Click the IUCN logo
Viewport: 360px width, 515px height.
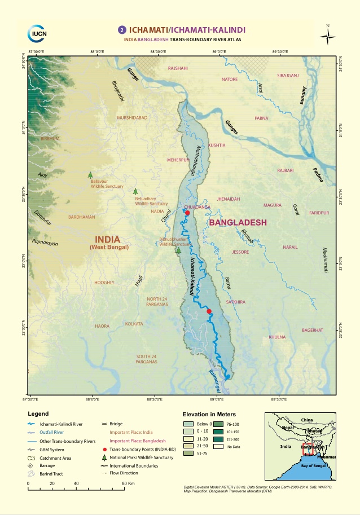pyautogui.click(x=39, y=33)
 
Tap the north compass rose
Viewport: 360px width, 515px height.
pyautogui.click(x=328, y=36)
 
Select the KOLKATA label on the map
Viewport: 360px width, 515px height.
pyautogui.click(x=134, y=324)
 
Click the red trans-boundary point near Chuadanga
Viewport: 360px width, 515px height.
pyautogui.click(x=187, y=213)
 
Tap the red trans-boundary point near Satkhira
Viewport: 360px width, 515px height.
pyautogui.click(x=209, y=311)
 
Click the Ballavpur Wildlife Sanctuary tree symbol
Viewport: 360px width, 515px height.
pyautogui.click(x=90, y=175)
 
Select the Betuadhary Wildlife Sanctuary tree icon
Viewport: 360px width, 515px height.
pyautogui.click(x=135, y=192)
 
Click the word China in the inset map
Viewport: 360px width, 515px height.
pyautogui.click(x=306, y=420)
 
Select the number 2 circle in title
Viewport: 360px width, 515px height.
pyautogui.click(x=121, y=30)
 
